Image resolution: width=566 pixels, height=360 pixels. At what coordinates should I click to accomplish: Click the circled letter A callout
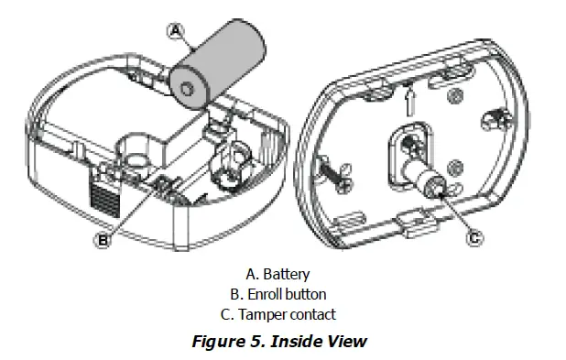tap(176, 31)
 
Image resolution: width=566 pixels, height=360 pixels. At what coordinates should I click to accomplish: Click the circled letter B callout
tap(103, 240)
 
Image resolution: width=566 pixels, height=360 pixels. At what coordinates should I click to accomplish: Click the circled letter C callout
tap(474, 237)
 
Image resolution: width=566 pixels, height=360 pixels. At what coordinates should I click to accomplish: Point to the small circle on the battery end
tap(187, 89)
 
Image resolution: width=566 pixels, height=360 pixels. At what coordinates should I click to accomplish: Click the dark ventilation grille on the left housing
tap(104, 199)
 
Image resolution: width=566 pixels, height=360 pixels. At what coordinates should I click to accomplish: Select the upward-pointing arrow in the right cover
tap(409, 102)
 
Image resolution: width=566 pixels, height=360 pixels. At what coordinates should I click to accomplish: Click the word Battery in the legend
tap(287, 275)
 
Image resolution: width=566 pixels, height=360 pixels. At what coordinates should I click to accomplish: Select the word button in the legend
tap(305, 294)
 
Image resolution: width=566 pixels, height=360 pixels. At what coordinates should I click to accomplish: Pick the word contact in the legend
tap(313, 314)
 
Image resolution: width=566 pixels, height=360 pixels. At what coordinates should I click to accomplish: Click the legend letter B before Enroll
tap(236, 294)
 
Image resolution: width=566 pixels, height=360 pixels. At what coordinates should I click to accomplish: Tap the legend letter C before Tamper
tap(227, 314)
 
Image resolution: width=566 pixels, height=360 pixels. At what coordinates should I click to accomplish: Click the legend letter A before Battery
tap(252, 275)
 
